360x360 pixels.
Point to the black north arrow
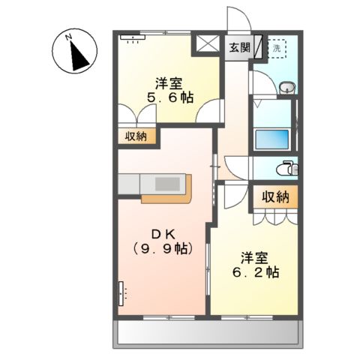77,53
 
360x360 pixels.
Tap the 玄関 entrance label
240,47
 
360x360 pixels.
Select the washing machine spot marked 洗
277,48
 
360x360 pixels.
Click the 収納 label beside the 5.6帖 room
136,136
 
